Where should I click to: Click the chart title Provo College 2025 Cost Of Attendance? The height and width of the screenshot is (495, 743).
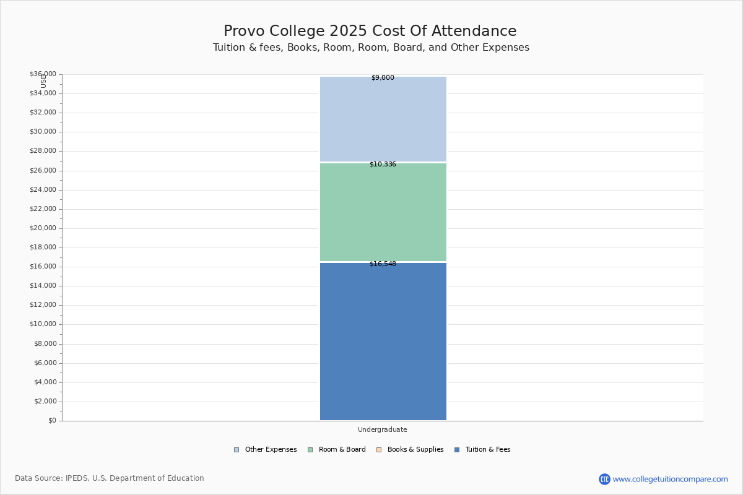[370, 32]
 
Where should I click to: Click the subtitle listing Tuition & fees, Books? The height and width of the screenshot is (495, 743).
[371, 48]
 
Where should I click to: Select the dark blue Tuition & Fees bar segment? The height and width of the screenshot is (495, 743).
[383, 342]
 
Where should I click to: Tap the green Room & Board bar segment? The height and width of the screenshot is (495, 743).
[383, 212]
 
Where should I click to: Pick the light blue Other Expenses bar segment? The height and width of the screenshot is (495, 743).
[383, 119]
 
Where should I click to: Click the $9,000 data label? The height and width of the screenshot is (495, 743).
[383, 78]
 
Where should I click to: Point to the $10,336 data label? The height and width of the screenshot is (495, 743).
[383, 165]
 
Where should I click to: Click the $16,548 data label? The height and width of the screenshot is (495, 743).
[383, 264]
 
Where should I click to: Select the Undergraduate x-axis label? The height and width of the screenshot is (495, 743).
[382, 429]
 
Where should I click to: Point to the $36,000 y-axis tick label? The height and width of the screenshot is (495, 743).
[43, 74]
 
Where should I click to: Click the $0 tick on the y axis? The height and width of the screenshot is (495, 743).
[52, 421]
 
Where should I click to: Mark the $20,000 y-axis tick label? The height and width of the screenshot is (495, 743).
[43, 228]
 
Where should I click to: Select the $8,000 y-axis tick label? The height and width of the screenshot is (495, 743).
[45, 344]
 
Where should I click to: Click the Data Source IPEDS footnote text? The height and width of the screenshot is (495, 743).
[110, 478]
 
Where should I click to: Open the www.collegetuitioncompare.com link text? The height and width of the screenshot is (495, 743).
[670, 479]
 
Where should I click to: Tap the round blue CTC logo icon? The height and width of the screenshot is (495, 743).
[604, 479]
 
